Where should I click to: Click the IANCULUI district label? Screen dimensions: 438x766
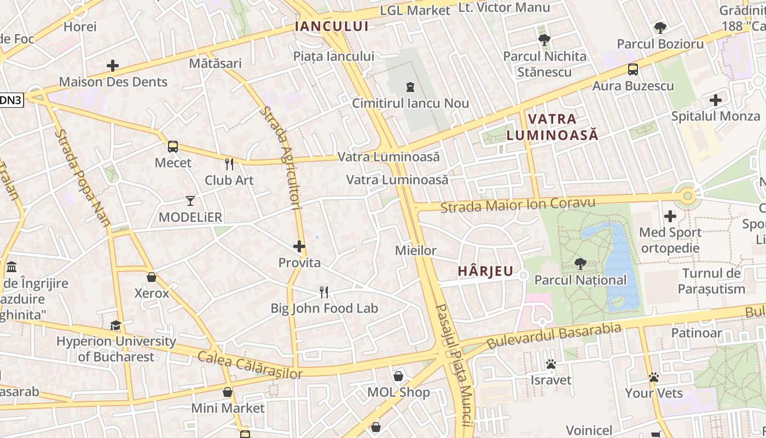(332, 26)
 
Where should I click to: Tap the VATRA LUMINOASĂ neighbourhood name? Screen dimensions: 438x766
(552, 126)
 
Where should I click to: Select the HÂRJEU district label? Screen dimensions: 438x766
(486, 270)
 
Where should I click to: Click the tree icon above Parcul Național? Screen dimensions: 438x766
(580, 264)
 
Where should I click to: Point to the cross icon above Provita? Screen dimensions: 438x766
(299, 246)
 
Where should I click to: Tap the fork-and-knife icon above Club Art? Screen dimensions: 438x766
(229, 164)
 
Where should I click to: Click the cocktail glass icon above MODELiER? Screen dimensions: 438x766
(190, 201)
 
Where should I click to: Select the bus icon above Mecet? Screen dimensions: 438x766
(173, 146)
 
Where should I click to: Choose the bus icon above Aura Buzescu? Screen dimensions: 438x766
(633, 70)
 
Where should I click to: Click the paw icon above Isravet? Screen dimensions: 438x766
(550, 364)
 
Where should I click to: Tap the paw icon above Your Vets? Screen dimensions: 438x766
(654, 377)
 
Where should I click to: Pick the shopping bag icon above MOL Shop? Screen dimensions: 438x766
(398, 376)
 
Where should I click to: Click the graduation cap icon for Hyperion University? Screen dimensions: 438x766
(115, 326)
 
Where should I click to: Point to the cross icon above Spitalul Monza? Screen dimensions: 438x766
(715, 100)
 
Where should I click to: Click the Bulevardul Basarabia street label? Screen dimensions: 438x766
(554, 336)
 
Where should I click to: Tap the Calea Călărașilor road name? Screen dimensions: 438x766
(249, 365)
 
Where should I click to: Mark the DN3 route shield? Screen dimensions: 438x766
(10, 100)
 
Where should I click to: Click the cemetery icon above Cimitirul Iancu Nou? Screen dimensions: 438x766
(409, 87)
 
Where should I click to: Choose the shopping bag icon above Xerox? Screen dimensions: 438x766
(152, 277)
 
